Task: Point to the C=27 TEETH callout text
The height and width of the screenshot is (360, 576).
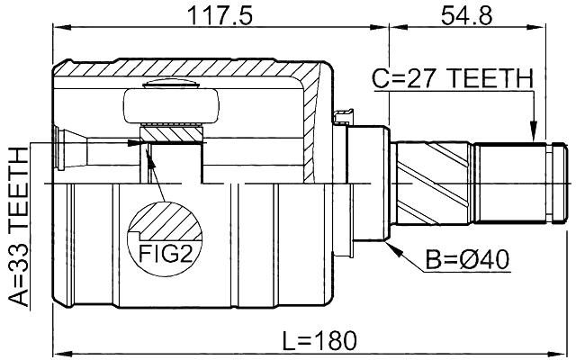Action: (453, 79)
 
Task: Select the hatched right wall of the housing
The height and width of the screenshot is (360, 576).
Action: (315, 126)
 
